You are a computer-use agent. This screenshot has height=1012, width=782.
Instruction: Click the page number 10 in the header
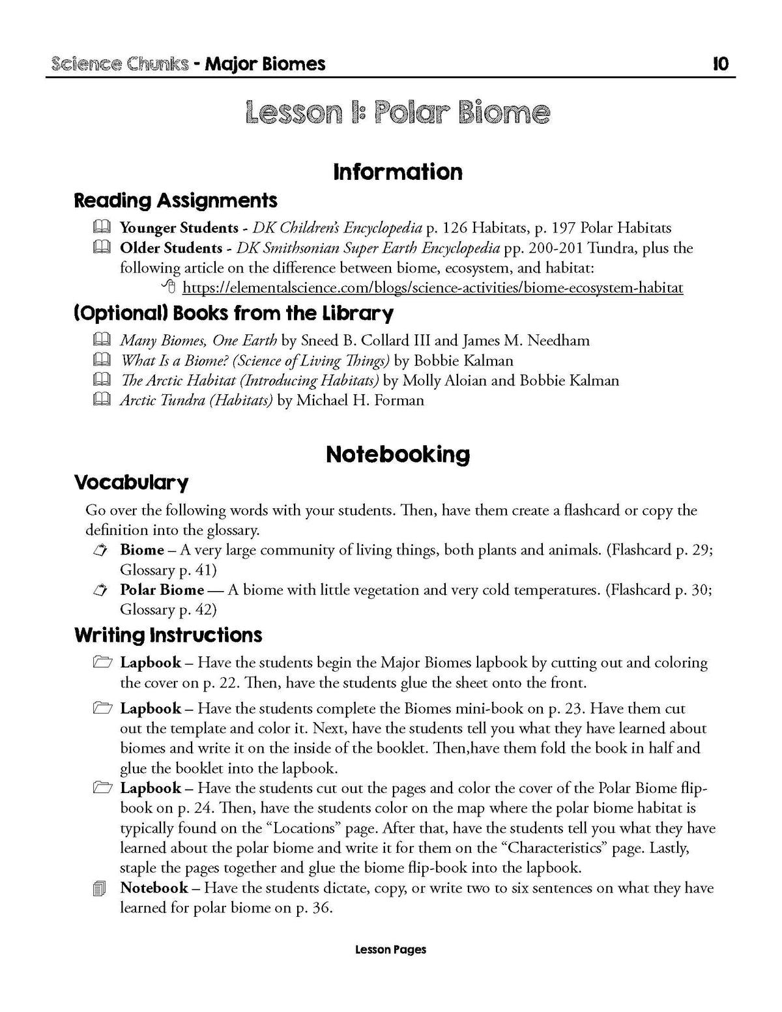[721, 64]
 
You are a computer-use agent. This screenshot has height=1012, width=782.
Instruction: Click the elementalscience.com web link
[433, 287]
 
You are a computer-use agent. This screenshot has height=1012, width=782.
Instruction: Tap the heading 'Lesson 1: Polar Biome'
[398, 113]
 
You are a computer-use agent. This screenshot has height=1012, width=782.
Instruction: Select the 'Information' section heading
[398, 172]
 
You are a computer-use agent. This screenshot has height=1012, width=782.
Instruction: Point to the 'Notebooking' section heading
[398, 454]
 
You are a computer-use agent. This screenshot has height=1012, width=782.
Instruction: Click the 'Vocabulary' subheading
[131, 483]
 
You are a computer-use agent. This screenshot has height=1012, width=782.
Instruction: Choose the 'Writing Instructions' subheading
[168, 635]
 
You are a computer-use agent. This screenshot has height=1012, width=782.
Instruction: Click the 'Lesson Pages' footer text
[390, 949]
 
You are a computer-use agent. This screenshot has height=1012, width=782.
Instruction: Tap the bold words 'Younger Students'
[179, 228]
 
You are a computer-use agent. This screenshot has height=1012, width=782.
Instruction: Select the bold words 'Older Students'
[171, 248]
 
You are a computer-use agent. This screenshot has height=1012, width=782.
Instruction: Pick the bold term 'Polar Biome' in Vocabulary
[162, 590]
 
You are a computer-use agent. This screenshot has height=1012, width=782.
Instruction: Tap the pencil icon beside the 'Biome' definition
[100, 551]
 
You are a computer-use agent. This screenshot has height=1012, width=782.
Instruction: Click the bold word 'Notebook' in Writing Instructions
[154, 888]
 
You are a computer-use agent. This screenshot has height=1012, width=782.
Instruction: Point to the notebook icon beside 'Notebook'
[100, 889]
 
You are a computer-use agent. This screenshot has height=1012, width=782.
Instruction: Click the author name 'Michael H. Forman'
[360, 400]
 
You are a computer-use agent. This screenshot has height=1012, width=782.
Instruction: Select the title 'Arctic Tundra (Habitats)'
[196, 400]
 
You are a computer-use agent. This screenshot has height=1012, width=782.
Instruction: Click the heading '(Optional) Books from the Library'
[233, 314]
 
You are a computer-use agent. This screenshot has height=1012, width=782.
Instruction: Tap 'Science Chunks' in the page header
[119, 64]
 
